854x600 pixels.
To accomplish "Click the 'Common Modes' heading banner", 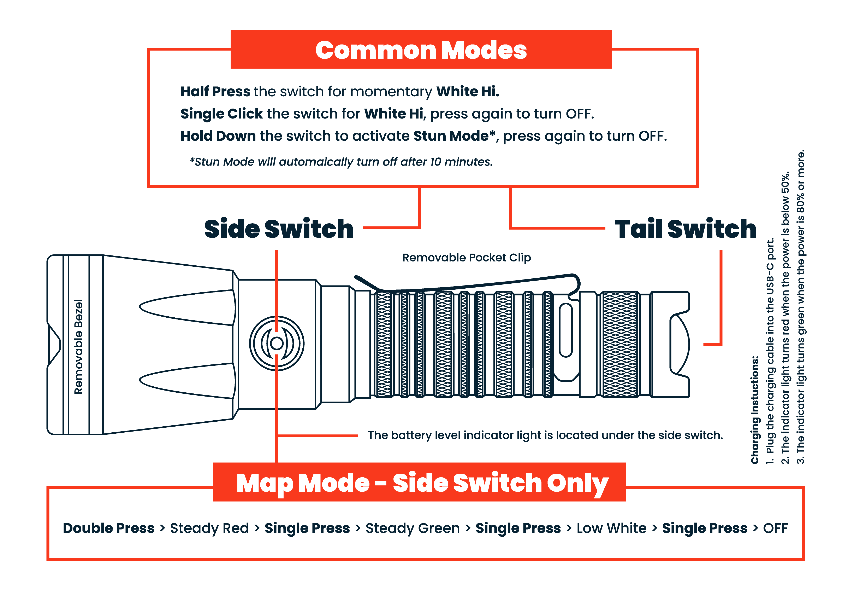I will click(421, 50).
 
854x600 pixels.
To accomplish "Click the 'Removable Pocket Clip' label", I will click(466, 258).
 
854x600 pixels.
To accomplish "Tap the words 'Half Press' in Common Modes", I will click(215, 92).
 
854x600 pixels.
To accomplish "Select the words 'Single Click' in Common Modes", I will click(222, 114).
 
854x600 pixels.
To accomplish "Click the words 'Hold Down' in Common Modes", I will click(218, 136).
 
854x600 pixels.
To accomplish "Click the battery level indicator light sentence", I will click(545, 435).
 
